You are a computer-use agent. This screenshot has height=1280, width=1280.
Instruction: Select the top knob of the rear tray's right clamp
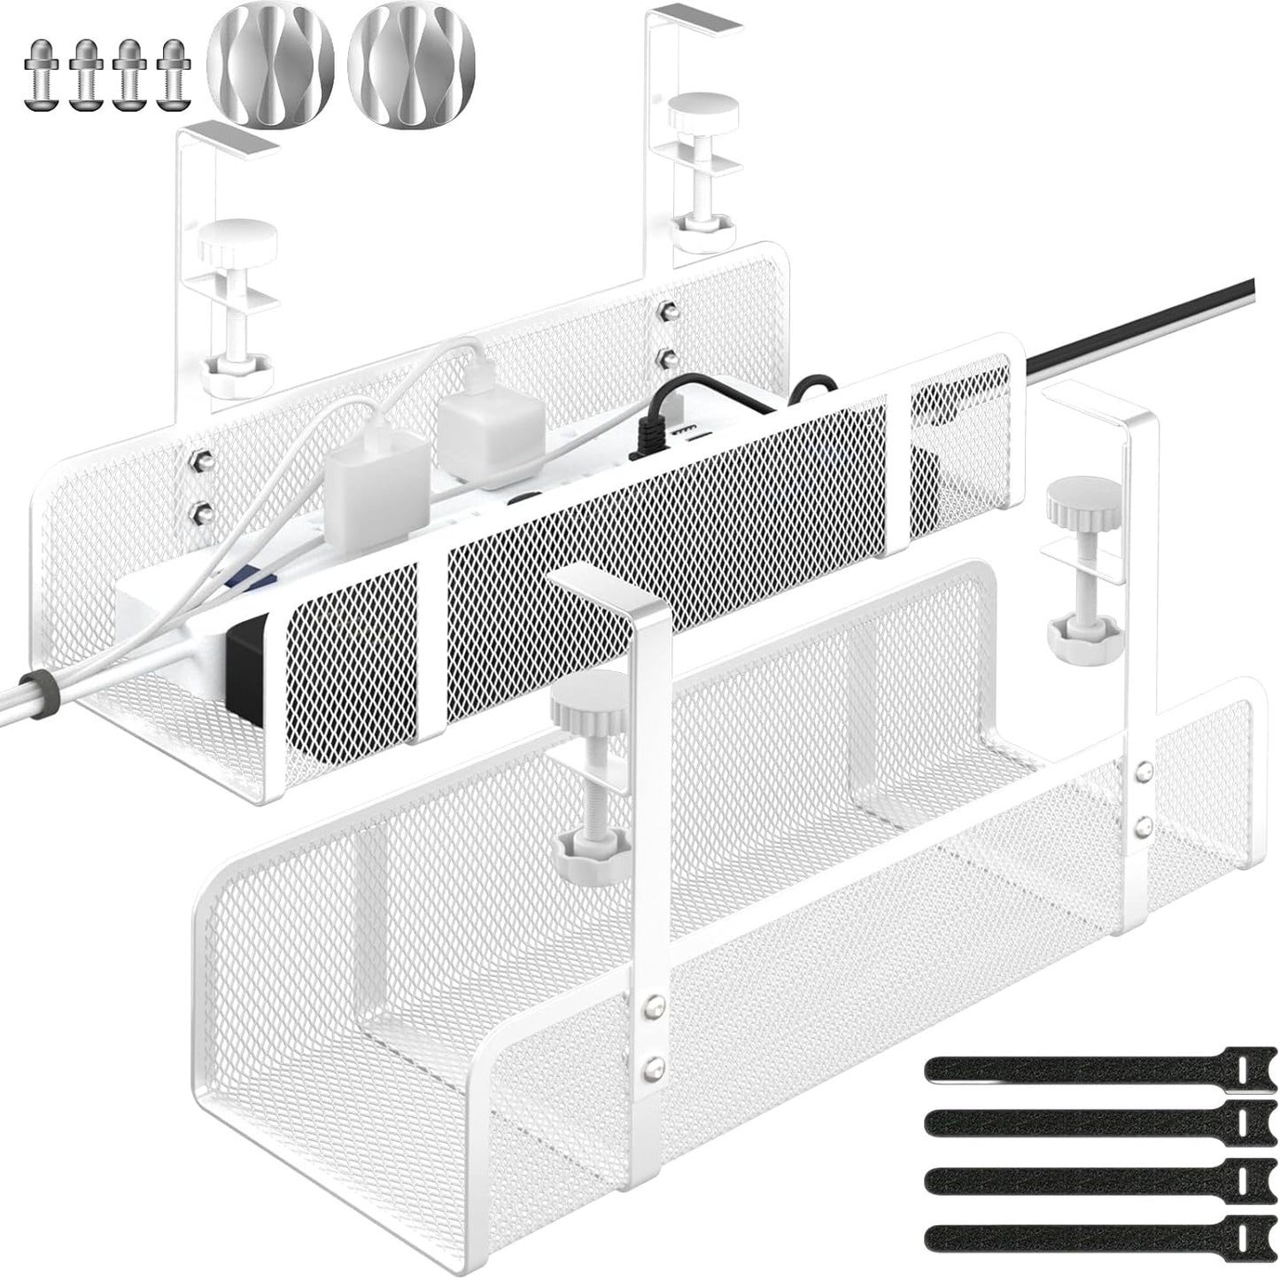click(705, 113)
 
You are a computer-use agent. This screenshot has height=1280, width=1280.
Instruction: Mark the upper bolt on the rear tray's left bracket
click(200, 462)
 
